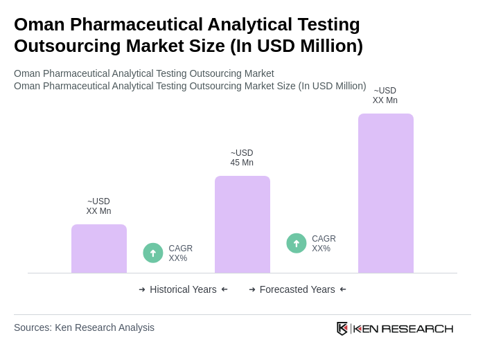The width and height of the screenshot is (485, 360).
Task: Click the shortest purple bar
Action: point(99,249)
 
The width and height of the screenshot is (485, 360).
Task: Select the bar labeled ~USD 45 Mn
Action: point(242,224)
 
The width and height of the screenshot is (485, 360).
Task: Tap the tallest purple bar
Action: point(386,193)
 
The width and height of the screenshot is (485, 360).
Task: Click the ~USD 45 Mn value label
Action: point(242,158)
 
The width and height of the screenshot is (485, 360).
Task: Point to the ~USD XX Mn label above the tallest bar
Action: point(385,96)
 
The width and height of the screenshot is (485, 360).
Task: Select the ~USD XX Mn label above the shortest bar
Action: point(98,206)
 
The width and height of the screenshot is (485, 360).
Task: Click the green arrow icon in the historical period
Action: point(153,253)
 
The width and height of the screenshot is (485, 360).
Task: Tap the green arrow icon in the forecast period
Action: point(297,243)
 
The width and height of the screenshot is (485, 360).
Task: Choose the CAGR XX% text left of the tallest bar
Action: point(324,244)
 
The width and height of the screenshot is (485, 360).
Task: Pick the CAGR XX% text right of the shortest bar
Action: point(180,253)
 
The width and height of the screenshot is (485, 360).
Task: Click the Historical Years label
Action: point(183,289)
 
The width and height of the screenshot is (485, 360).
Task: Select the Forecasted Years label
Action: point(297,289)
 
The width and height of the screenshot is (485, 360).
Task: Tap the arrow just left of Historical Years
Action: point(142,289)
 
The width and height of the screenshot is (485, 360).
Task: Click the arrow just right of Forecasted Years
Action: point(343,289)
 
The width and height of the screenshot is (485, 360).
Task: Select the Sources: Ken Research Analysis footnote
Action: point(84,327)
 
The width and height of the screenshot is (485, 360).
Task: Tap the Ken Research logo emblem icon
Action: point(342,328)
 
